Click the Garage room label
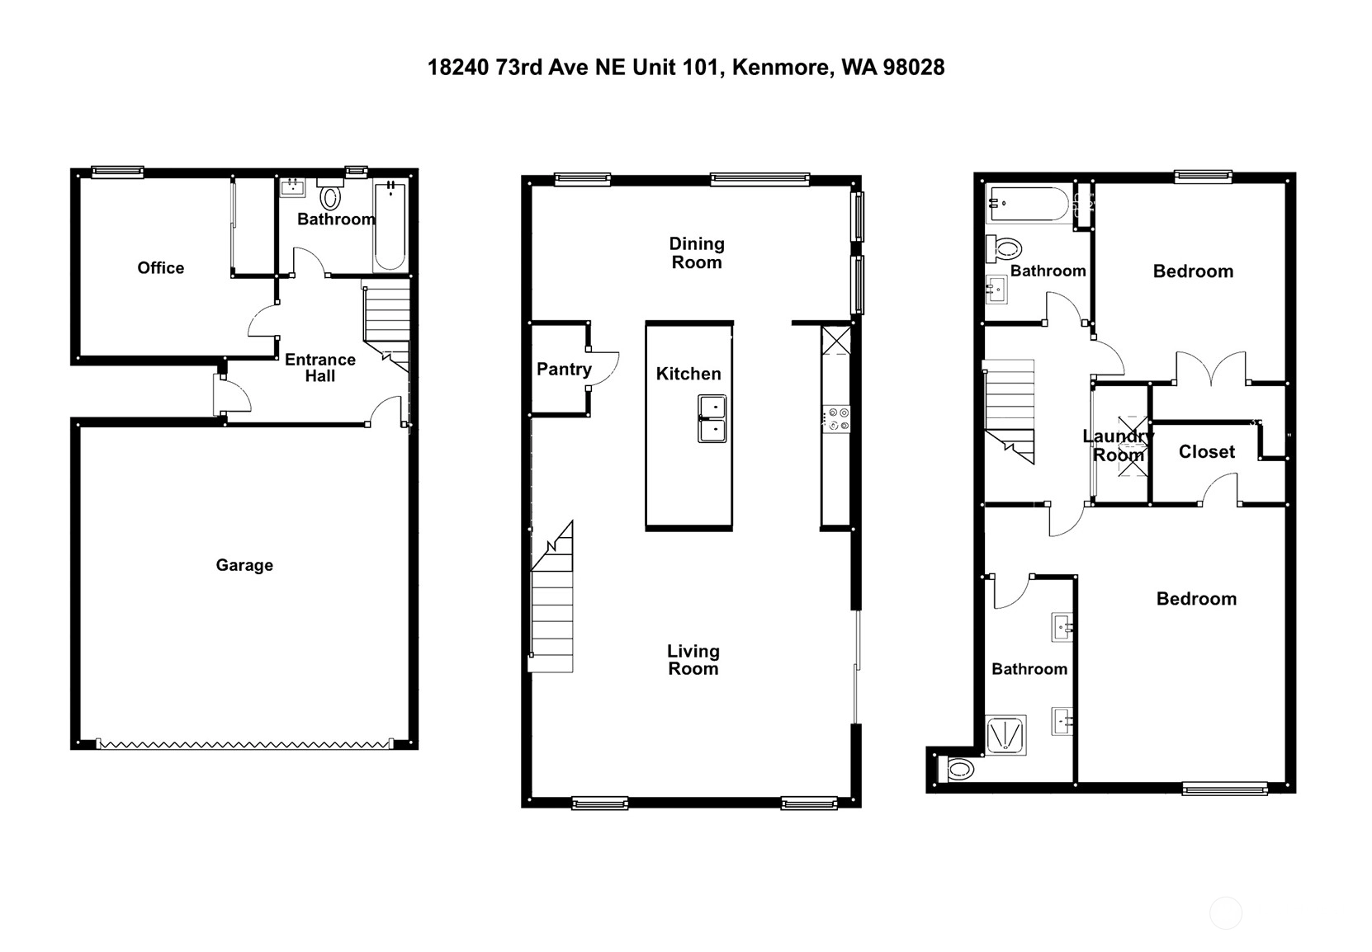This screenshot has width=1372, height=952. pos(244,565)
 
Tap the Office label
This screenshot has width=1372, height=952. pos(160,267)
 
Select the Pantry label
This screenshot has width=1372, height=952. pos(564,369)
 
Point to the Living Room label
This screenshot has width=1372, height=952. pos(693,659)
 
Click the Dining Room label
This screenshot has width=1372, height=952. pos(697,252)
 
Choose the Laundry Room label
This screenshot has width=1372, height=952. pos(1119,445)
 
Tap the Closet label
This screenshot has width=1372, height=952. pos(1207,452)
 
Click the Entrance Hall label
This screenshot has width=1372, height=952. pos(320,367)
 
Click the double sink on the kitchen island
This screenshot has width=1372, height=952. pos(712,419)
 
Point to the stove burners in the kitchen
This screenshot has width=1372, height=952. pos(836,419)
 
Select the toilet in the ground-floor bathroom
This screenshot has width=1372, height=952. pos(330,195)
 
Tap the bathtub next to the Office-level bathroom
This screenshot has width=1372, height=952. pos(390,226)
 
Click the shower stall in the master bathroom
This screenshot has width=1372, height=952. pos(1005,735)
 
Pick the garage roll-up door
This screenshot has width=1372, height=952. pos(244,744)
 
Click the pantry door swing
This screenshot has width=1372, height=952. pos(603,369)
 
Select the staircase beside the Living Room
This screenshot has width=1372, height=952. pos(552,597)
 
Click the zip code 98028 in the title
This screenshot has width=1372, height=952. pos(913,68)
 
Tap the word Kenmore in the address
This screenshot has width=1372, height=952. pos(782,68)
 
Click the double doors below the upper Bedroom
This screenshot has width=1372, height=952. pos(1211,368)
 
